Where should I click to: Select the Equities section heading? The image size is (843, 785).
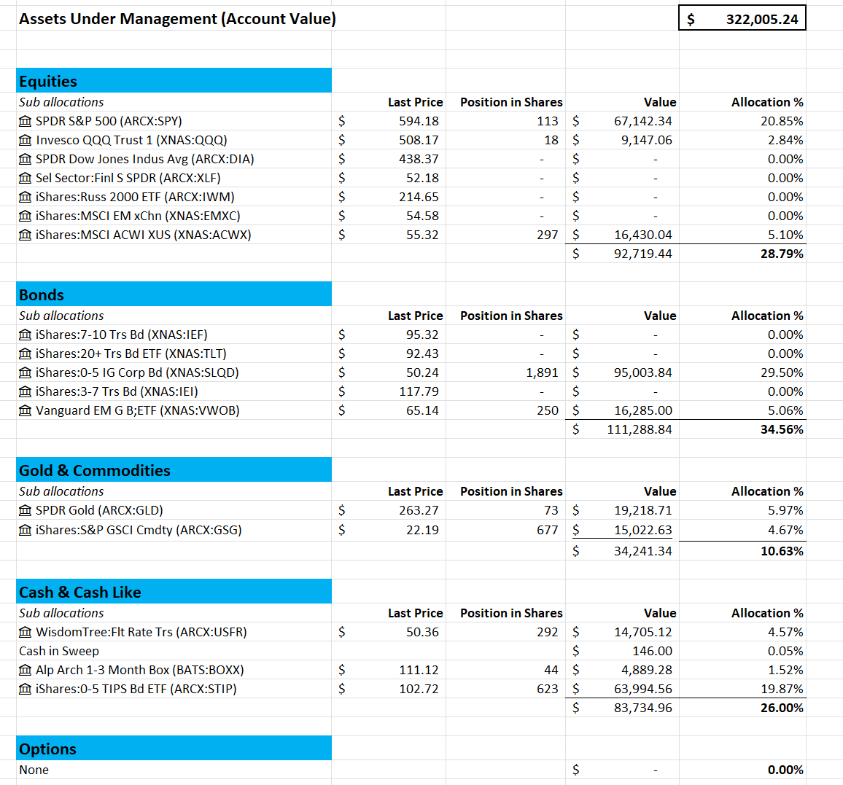[48, 81]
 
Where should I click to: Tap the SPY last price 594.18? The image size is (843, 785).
[419, 122]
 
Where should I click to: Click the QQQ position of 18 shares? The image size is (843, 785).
[551, 140]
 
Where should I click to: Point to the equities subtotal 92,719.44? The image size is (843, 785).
[642, 254]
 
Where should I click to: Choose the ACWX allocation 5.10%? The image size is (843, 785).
[785, 235]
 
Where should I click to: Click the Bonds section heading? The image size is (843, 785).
[42, 295]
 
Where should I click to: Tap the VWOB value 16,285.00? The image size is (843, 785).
[643, 410]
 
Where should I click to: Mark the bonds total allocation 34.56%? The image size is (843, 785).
[782, 429]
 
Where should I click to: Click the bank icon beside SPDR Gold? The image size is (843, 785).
[26, 510]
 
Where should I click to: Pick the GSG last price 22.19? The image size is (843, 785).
[422, 531]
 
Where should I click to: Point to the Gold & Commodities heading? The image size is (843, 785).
[95, 471]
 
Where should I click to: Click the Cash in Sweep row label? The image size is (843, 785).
[59, 651]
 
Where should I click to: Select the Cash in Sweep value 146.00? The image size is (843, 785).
[652, 651]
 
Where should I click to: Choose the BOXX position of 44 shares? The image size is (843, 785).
[551, 670]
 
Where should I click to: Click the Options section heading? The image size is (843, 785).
[48, 749]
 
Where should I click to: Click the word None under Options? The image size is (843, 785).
[34, 770]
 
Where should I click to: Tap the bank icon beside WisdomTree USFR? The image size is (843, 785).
[26, 633]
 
